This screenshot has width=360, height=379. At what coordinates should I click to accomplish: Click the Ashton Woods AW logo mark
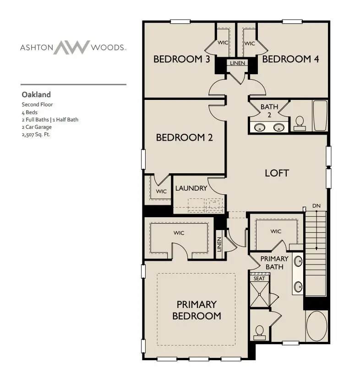click(x=72, y=47)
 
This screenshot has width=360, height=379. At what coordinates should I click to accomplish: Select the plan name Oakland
click(x=36, y=95)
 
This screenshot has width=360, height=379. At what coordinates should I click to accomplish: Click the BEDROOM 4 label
click(x=290, y=59)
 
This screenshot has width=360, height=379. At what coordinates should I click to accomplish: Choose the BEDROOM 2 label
click(x=184, y=137)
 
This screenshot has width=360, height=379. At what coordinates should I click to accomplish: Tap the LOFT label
click(x=277, y=173)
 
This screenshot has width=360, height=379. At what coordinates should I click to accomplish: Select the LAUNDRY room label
click(x=191, y=188)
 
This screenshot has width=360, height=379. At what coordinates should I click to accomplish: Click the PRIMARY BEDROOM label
click(x=196, y=310)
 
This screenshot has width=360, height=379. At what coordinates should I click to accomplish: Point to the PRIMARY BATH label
click(x=274, y=262)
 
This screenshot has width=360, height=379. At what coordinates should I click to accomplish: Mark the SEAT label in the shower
click(x=259, y=278)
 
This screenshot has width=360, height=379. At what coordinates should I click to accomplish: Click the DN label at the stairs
click(x=316, y=206)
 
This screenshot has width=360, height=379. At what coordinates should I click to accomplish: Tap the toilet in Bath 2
click(x=300, y=121)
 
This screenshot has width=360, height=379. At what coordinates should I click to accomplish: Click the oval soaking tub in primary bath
click(x=316, y=328)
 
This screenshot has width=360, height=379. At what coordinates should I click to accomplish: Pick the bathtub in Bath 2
click(x=320, y=115)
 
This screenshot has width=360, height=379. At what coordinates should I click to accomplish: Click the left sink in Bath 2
click(x=259, y=127)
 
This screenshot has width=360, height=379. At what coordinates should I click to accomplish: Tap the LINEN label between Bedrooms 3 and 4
click(x=237, y=63)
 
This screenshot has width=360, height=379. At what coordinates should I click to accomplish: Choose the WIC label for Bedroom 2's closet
click(x=161, y=192)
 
